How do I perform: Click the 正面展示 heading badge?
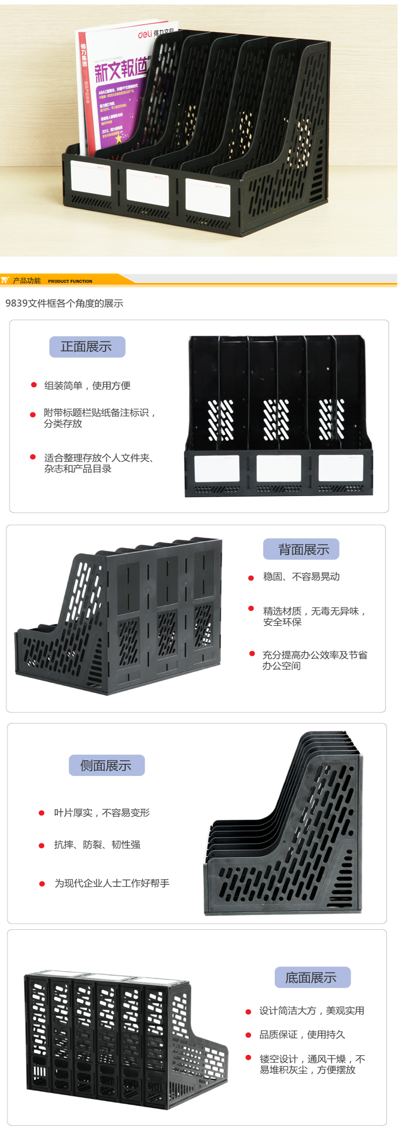[87, 347]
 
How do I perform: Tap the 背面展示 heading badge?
[301, 549]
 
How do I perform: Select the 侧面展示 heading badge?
[106, 765]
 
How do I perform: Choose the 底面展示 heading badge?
[312, 978]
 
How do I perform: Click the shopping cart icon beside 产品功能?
[5, 280]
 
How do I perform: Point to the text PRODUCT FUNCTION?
[70, 281]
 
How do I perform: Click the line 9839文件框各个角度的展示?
[64, 304]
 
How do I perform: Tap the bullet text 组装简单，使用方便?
[87, 386]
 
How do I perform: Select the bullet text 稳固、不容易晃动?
[301, 576]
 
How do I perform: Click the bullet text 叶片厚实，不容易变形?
[102, 813]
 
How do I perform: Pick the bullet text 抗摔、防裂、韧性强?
[97, 845]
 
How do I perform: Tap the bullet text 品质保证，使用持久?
[302, 1035]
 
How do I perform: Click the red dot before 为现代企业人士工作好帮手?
[42, 883]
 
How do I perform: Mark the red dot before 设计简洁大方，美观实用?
[248, 1011]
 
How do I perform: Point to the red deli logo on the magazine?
[145, 34]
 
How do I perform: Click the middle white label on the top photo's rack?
[148, 187]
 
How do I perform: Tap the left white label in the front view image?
[217, 468]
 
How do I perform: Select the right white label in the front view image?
[341, 468]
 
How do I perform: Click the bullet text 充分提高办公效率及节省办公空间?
[314, 660]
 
